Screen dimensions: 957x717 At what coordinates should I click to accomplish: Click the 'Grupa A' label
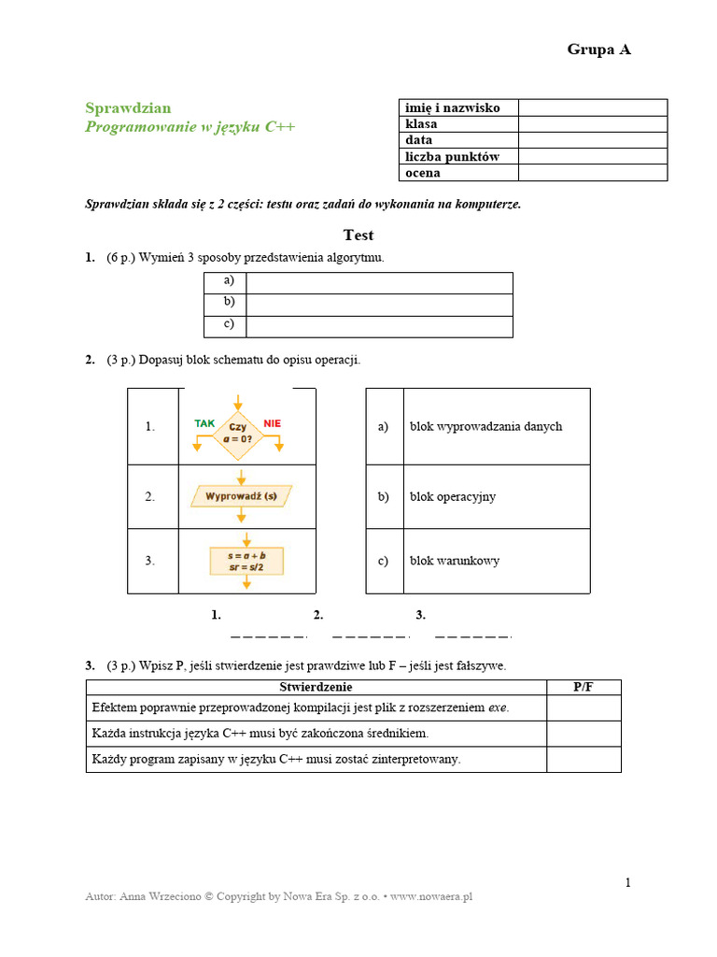pos(598,50)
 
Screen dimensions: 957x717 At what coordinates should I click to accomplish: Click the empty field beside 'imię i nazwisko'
pos(592,107)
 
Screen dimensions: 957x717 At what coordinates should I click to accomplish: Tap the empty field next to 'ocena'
pos(592,173)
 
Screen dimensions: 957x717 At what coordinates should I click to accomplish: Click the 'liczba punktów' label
pos(452,157)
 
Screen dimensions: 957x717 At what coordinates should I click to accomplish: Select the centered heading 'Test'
pos(358,236)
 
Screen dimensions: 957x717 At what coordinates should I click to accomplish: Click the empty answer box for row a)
pos(379,282)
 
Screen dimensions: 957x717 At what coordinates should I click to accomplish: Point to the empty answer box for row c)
pos(379,326)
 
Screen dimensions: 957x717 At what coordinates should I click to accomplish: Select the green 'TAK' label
pos(204,423)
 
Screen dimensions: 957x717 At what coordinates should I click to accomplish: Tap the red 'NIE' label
pos(273,423)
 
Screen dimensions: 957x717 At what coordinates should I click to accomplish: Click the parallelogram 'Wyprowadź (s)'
pos(242,496)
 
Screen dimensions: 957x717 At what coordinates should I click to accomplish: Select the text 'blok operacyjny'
pos(453,496)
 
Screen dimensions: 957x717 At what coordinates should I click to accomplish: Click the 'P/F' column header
pos(583,688)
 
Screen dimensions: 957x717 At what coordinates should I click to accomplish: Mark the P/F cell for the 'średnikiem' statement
pos(583,734)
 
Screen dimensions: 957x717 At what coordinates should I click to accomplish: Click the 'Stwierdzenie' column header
pos(316,688)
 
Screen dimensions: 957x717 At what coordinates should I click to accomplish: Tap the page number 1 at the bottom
pos(628,883)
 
